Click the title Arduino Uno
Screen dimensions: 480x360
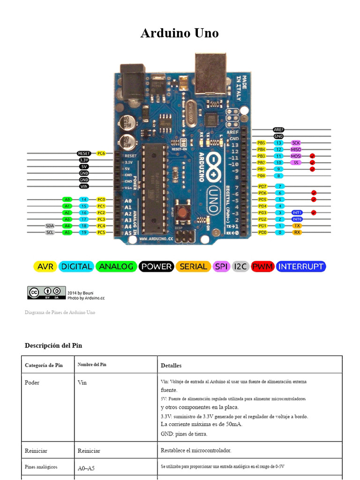click(x=180, y=33)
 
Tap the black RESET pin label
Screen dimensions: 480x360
click(x=84, y=153)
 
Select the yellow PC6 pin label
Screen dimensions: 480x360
click(x=101, y=153)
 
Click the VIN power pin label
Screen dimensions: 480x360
click(x=84, y=186)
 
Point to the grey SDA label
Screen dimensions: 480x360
click(x=50, y=225)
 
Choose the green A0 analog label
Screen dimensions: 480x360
click(x=67, y=199)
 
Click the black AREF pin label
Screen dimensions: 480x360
click(x=278, y=129)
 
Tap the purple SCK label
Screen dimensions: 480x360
click(x=296, y=142)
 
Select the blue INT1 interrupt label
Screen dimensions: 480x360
click(x=297, y=212)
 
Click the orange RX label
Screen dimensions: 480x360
click(x=297, y=232)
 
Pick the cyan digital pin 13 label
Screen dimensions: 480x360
click(x=279, y=142)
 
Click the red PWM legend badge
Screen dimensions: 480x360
click(x=262, y=267)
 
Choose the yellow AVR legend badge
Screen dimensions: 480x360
click(x=45, y=267)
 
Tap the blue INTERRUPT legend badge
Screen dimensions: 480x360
click(x=301, y=267)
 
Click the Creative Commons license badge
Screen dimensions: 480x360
click(x=46, y=293)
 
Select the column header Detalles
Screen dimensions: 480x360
click(x=171, y=365)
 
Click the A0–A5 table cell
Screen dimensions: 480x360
click(x=88, y=468)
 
